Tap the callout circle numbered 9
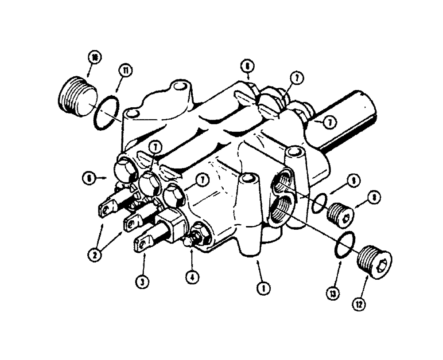point(354,180)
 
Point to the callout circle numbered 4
point(193,278)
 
